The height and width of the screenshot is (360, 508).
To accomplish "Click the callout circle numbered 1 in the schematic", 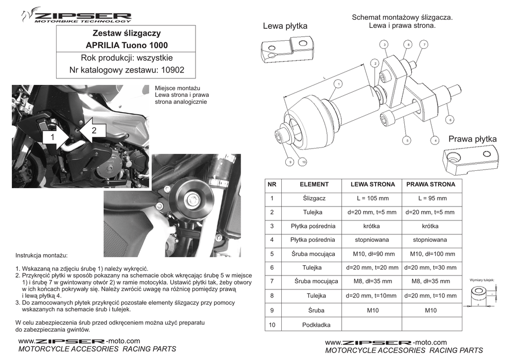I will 338,84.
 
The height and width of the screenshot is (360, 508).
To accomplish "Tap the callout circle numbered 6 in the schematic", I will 450,120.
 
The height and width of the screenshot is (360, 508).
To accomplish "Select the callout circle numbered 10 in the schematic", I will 303,162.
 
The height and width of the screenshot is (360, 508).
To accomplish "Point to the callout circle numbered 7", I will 424,45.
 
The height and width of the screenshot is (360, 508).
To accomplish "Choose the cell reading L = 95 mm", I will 432,198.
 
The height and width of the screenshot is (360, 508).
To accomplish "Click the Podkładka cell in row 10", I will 314,325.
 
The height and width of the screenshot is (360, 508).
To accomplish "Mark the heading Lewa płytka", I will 285,25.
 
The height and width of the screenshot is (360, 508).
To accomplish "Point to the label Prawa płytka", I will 472,139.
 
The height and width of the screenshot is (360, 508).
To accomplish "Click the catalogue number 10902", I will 170,71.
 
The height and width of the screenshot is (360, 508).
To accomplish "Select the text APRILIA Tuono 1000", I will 127,46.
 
